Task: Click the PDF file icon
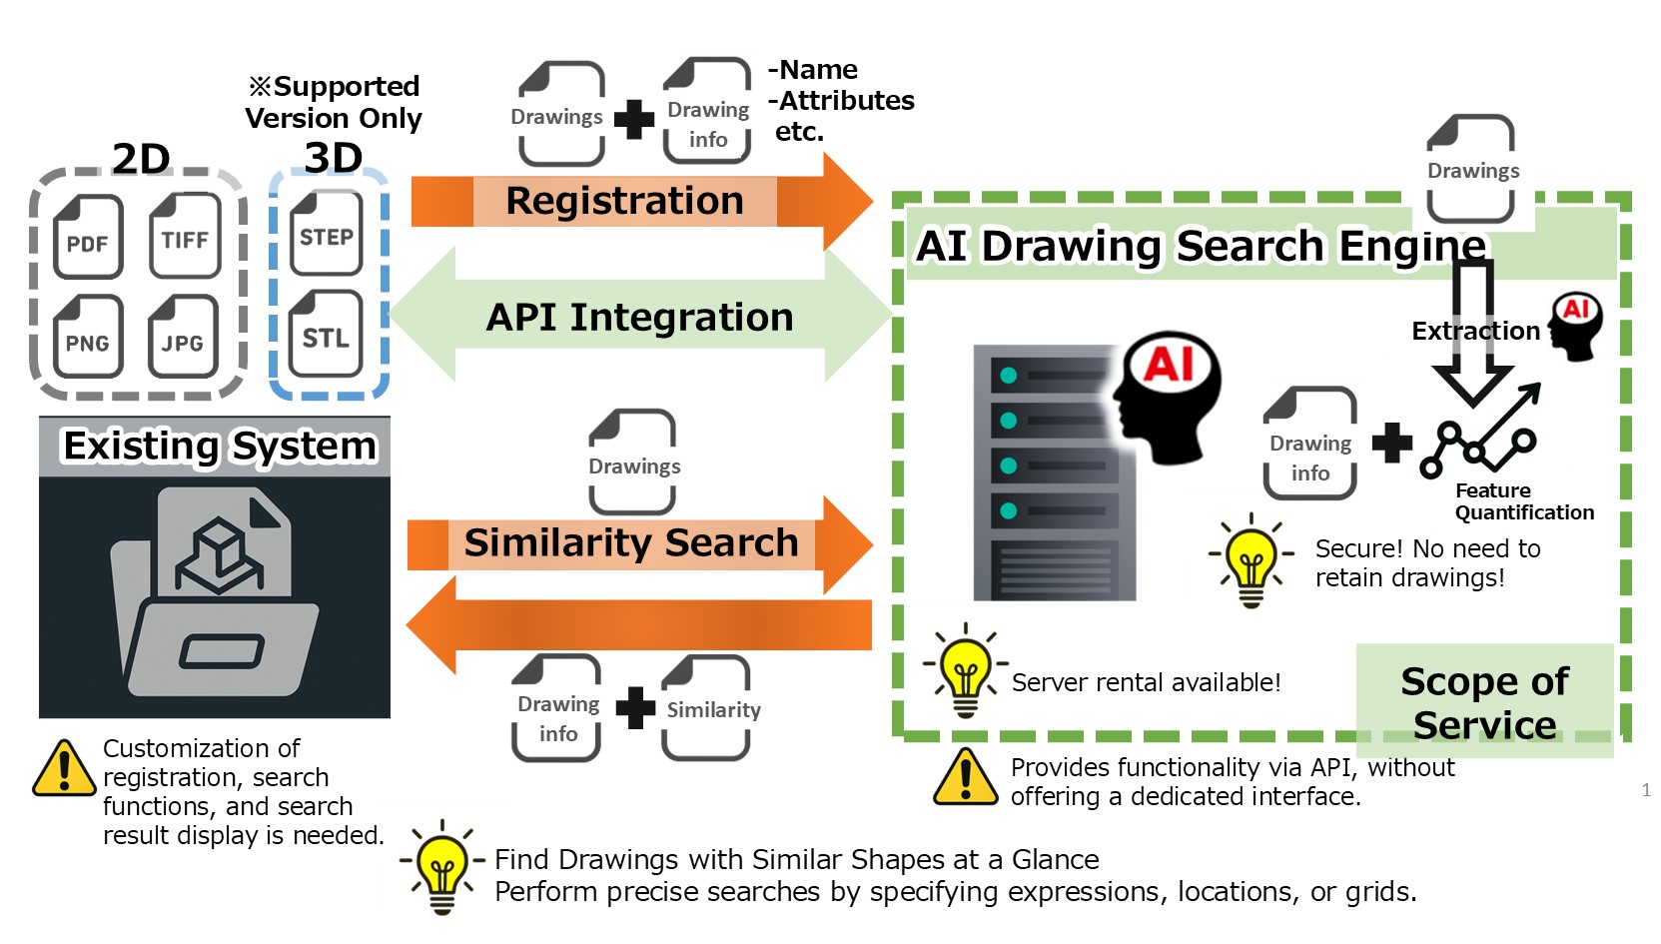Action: coord(88,237)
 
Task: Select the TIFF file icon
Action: coord(185,236)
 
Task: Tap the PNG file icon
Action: coord(88,337)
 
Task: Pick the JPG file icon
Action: coord(183,337)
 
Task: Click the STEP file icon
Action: coord(327,233)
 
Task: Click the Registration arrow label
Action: coord(624,201)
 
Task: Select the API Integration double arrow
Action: coord(639,317)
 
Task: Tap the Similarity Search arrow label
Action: coord(631,543)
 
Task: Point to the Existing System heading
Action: coord(220,446)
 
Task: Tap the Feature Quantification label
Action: coord(1522,501)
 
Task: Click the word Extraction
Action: coord(1475,331)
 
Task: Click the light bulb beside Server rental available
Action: coord(964,669)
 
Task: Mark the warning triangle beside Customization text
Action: coord(64,768)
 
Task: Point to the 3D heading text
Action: coord(333,158)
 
